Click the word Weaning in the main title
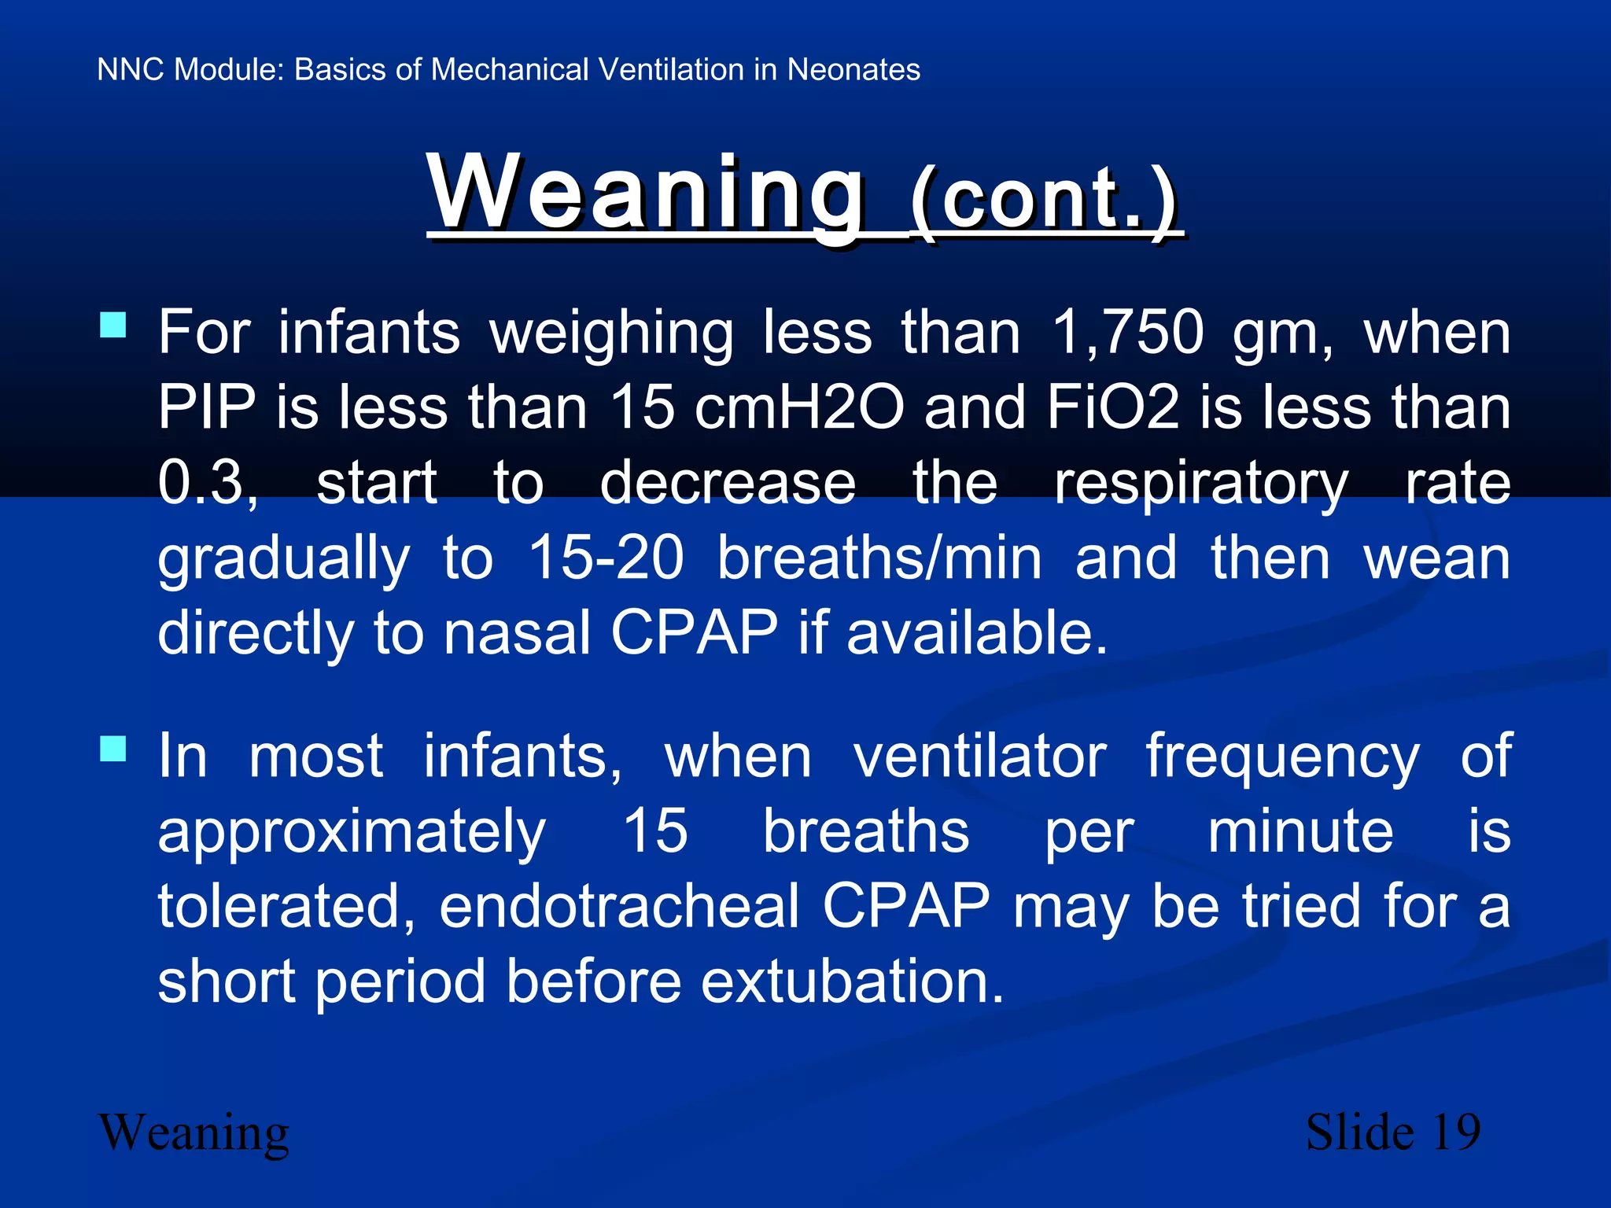647,193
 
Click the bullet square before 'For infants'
113,325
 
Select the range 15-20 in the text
606,558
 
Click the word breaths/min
879,558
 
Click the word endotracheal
619,906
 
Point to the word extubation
852,981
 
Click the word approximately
351,831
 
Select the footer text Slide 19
1392,1132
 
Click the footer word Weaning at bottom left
194,1132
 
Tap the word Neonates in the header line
853,69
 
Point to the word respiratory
1201,482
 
